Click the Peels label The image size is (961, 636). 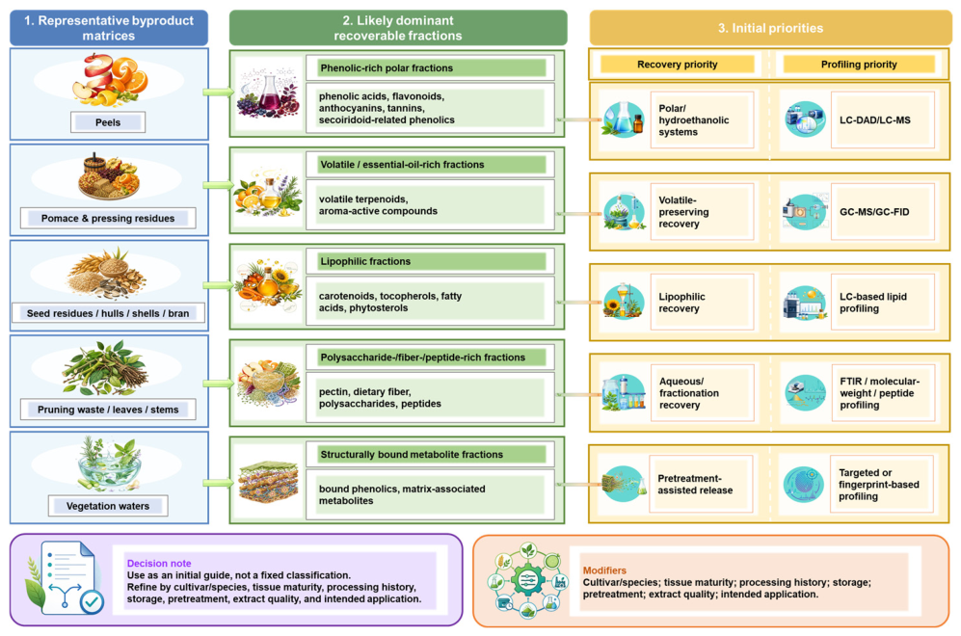[108, 122]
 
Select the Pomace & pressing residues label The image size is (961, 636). [108, 218]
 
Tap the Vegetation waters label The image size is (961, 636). [108, 506]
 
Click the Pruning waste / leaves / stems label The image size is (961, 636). [108, 410]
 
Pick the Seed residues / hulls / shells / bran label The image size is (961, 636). [108, 313]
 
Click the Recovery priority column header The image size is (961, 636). [678, 65]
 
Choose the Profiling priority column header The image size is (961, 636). [859, 65]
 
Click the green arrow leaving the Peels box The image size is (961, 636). [219, 93]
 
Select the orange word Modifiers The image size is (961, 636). [604, 570]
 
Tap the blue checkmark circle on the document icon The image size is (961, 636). [92, 601]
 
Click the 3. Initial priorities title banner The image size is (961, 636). [770, 28]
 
